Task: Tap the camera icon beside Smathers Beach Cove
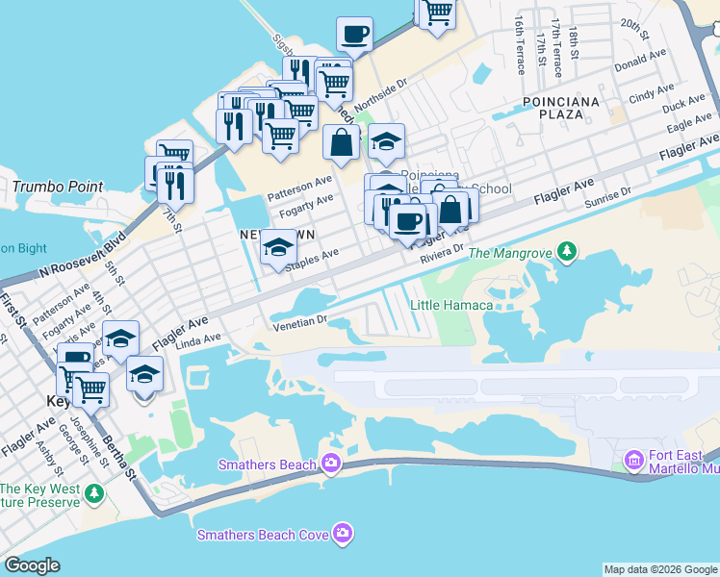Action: (x=343, y=534)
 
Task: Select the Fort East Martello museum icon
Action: (x=633, y=461)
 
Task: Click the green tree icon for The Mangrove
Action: (x=568, y=252)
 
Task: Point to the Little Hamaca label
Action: (x=451, y=305)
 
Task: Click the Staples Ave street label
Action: (x=318, y=256)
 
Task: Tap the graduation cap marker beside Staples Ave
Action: (x=278, y=247)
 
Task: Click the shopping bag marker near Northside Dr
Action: (x=341, y=143)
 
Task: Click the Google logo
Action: (x=33, y=565)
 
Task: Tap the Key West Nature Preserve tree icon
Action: (x=93, y=494)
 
